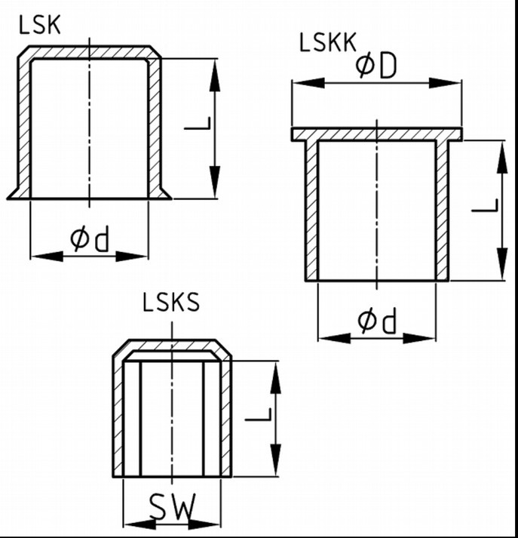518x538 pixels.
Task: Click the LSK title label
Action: (40, 26)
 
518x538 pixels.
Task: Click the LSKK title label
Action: (328, 42)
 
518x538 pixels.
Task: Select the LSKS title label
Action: (170, 303)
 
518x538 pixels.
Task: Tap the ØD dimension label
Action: (376, 66)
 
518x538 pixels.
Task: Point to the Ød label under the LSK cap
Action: (90, 238)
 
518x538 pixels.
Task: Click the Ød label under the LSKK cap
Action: (377, 321)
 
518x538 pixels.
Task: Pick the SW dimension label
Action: (173, 507)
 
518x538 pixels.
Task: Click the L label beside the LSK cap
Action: (198, 124)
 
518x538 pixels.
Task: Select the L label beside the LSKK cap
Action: (485, 205)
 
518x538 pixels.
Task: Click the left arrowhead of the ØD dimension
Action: (309, 83)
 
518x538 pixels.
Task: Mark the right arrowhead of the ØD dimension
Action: (445, 83)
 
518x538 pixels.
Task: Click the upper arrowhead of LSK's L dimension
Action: (215, 75)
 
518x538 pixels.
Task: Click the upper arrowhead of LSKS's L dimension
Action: (276, 377)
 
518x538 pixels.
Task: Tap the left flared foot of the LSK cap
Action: (14, 194)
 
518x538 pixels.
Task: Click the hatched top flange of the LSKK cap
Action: (377, 134)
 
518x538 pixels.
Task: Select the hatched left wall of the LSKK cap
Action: (311, 211)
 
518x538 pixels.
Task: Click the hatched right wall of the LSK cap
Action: (155, 128)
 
